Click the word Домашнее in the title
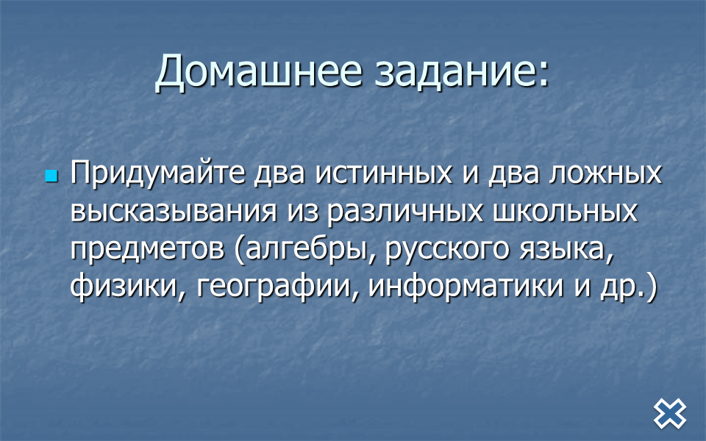258,71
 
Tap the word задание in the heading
454,71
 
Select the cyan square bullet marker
51,176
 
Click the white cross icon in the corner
670,414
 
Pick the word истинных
384,173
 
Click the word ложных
605,173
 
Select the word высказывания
174,212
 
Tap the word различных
404,212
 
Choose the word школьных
566,212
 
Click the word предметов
147,249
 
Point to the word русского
446,250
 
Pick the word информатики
466,286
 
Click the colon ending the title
543,73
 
